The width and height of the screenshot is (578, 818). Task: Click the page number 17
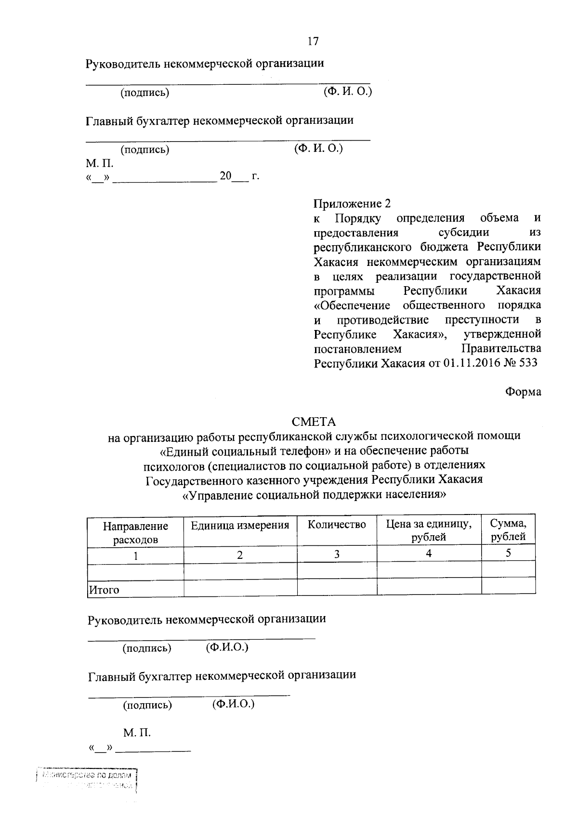coord(313,41)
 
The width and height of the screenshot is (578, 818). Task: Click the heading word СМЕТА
coord(314,422)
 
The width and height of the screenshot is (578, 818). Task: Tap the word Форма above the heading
coord(523,392)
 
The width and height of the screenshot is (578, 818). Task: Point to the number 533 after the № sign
coord(528,363)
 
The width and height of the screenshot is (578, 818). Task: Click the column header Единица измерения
coord(240,526)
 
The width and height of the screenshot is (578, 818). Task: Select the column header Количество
coord(337,525)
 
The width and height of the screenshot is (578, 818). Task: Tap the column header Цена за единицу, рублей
coord(429,530)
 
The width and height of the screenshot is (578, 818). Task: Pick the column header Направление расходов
coord(135,533)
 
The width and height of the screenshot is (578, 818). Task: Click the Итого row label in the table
coord(104,590)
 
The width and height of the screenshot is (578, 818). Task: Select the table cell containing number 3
coord(337,554)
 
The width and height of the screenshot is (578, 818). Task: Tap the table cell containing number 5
coord(508,554)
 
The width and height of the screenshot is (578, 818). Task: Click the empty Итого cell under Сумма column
coord(508,586)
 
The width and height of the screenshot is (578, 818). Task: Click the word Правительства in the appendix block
coord(501,348)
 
